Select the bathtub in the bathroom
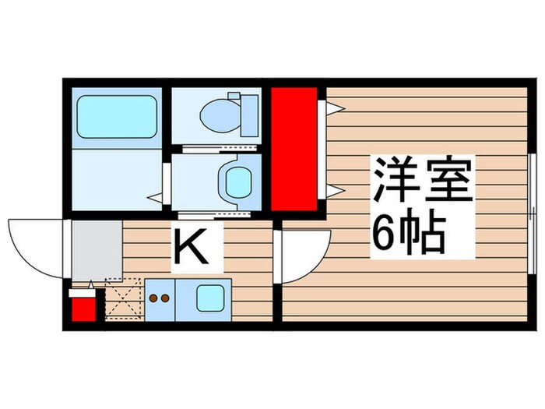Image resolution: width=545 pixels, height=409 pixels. (x=117, y=117)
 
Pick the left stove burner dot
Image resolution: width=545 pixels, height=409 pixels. (x=154, y=297)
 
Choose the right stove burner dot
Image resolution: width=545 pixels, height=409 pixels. (x=166, y=297)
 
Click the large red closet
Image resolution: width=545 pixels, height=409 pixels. (x=294, y=149)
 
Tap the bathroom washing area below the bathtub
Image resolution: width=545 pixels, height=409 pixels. (x=117, y=179)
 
